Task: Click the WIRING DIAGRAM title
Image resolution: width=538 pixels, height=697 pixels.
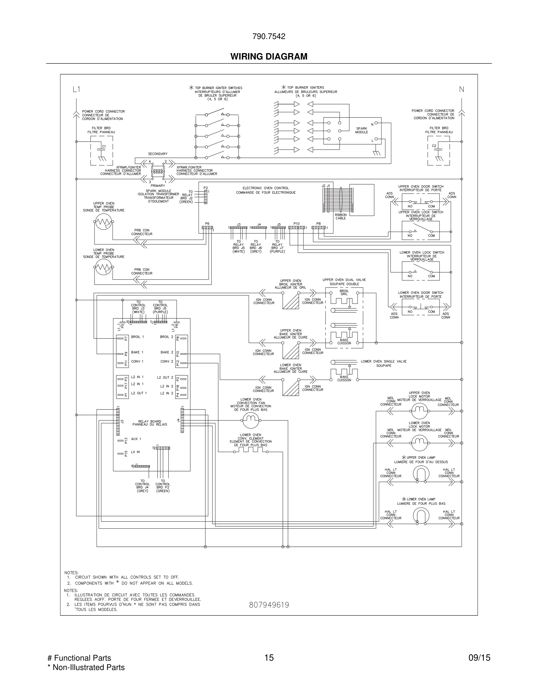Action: (x=269, y=57)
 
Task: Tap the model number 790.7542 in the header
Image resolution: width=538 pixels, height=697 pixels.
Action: (x=269, y=36)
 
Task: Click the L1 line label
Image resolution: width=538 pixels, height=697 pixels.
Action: (x=76, y=89)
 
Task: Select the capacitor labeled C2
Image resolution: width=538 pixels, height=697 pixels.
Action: (x=439, y=150)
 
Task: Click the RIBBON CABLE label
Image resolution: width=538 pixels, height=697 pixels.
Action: (x=340, y=216)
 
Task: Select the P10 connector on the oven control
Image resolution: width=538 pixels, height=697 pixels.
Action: (x=297, y=228)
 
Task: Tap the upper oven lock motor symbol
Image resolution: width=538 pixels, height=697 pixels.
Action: (x=419, y=411)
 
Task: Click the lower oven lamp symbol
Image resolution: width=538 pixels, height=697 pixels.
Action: (x=421, y=515)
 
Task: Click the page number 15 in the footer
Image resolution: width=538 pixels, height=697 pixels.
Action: (x=269, y=658)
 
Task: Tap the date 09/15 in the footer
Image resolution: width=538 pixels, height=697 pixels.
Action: (x=479, y=658)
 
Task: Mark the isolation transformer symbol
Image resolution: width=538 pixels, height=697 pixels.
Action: (x=158, y=172)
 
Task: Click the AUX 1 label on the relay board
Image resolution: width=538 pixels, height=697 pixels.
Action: (x=136, y=439)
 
